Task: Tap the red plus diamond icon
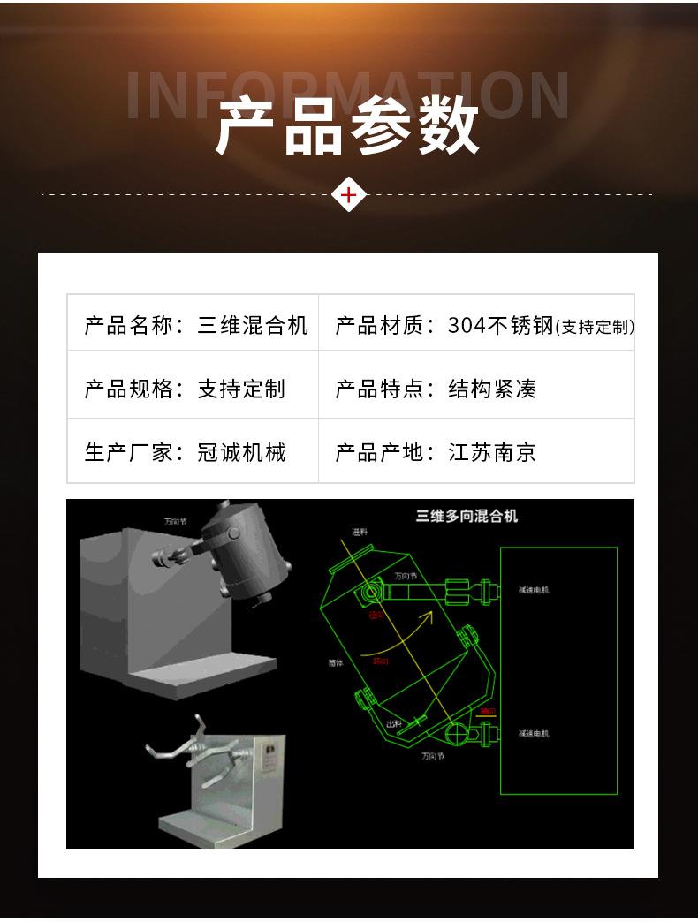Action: coord(349,194)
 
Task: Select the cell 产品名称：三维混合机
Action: coord(195,325)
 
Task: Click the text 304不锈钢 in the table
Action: coord(500,325)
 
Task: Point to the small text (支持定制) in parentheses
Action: coord(595,327)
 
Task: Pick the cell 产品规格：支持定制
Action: coord(185,389)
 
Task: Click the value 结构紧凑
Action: coord(492,389)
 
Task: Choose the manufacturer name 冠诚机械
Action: coord(241,453)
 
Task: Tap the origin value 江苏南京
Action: coord(492,453)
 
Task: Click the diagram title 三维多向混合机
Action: coord(467,516)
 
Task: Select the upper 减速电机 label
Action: coord(534,589)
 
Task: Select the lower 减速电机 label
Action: coord(534,733)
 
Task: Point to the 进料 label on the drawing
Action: coord(359,532)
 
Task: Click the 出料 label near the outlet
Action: coord(394,723)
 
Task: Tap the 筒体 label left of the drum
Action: coord(335,661)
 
